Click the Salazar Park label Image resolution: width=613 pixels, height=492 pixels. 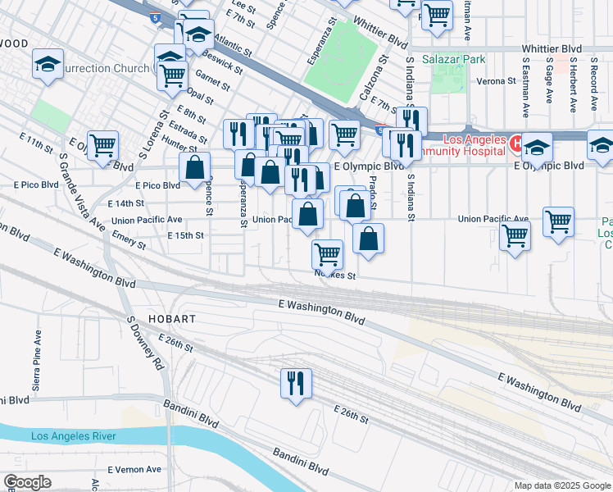tap(453, 59)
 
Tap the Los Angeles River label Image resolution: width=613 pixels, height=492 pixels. tap(73, 436)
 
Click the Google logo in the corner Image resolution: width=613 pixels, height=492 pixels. tap(26, 482)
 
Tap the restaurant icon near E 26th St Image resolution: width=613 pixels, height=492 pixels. tap(294, 383)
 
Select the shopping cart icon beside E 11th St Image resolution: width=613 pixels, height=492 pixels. tap(102, 146)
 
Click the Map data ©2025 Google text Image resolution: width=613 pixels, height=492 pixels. tap(561, 485)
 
